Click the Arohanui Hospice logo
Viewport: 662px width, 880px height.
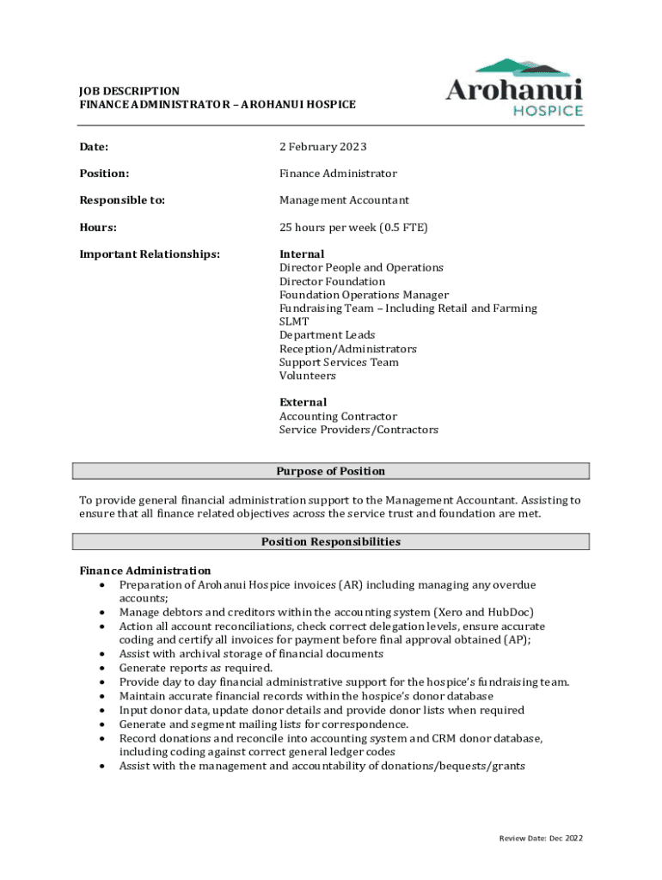[x=514, y=88]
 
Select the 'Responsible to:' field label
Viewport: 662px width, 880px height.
[x=122, y=200]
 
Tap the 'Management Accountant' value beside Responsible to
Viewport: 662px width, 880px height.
[x=344, y=200]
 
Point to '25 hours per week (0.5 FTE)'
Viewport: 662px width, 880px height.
[x=353, y=228]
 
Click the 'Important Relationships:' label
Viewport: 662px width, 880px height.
[x=150, y=254]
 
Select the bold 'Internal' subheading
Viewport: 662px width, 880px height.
[x=302, y=254]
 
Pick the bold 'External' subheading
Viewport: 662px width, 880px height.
[x=303, y=402]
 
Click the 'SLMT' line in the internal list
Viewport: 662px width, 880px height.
[x=294, y=321]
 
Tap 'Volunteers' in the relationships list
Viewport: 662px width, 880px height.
[x=307, y=376]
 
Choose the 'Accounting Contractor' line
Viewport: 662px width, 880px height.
[x=338, y=416]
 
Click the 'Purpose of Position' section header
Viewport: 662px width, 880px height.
[x=331, y=471]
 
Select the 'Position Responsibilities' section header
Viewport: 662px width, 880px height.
[x=331, y=541]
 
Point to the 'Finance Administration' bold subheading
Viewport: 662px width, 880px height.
[x=144, y=571]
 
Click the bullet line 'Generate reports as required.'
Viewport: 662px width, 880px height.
[x=196, y=668]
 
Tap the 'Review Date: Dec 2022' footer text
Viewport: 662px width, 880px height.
[x=541, y=838]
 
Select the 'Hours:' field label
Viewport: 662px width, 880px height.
[x=99, y=228]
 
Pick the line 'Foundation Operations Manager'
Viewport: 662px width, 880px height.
[x=364, y=295]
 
